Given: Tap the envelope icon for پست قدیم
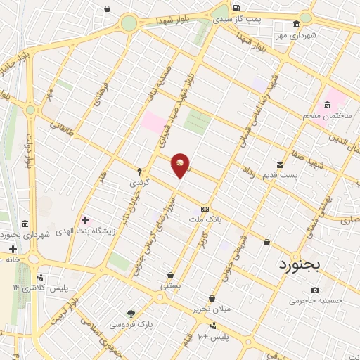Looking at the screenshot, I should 281,165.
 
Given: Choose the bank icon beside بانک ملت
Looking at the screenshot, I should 205,208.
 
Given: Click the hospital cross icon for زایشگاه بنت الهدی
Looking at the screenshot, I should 86,220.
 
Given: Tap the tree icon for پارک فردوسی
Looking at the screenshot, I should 131,314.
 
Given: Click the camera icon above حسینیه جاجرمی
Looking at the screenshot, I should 315,290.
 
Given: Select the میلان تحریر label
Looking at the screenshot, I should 211,309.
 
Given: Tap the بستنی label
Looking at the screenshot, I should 171,286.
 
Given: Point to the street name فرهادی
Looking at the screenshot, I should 98,90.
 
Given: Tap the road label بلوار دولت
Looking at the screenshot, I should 30,150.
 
